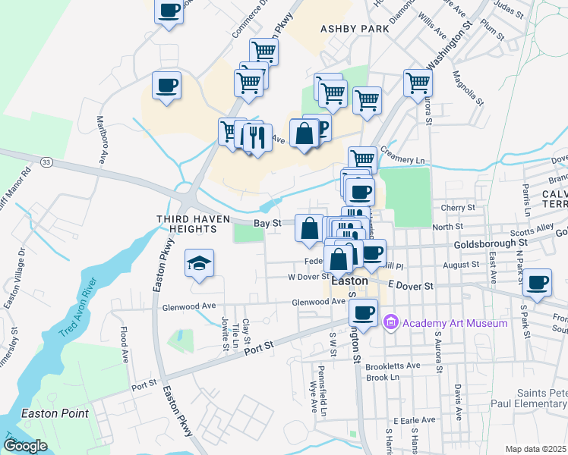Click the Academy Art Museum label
454,324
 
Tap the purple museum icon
392,323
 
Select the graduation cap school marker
199,263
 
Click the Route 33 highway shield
47,162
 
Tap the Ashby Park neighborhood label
354,29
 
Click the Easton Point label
55,413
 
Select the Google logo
25,445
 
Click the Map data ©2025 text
535,449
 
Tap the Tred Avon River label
78,311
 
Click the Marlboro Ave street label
100,140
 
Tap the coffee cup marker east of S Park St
538,283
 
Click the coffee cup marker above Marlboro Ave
166,85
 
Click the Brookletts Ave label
393,366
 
